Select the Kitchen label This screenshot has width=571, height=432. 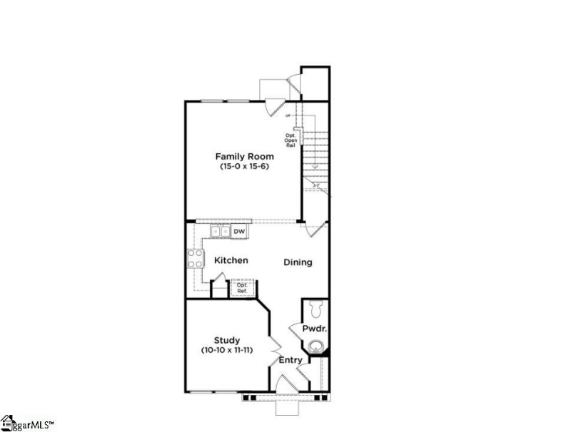point(231,260)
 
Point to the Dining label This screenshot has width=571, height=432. point(298,262)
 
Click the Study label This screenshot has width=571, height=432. point(227,340)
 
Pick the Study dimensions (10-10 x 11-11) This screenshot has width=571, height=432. point(227,351)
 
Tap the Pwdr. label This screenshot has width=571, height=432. point(315,329)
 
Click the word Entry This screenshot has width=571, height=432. point(290,360)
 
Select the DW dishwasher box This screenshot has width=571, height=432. point(239,231)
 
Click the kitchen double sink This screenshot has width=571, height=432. point(221,231)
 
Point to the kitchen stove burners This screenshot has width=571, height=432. point(194,258)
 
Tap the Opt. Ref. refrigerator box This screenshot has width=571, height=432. point(241,289)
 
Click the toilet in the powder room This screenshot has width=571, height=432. point(317,309)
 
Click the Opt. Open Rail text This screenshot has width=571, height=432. point(291,140)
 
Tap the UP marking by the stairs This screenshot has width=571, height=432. point(288,115)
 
